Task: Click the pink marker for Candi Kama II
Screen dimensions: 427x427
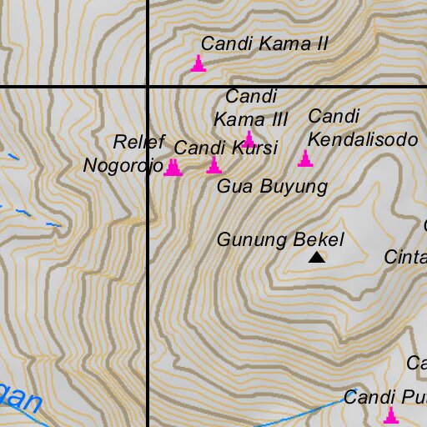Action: click(198, 64)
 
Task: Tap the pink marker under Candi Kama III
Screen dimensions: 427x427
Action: click(249, 139)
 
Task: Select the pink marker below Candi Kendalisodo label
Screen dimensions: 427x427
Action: click(305, 158)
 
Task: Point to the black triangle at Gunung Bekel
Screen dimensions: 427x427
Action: click(316, 258)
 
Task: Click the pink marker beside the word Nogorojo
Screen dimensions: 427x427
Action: click(173, 168)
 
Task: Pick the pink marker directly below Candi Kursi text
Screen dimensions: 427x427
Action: click(214, 166)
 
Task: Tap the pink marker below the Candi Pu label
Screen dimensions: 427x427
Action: click(389, 415)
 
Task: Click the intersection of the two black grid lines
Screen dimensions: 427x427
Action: click(148, 87)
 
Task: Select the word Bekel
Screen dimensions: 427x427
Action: click(319, 240)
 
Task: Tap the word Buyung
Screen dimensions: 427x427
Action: click(294, 187)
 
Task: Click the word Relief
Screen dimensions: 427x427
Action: click(139, 141)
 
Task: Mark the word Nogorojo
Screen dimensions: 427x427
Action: click(123, 165)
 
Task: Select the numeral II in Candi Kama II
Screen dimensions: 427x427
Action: click(318, 43)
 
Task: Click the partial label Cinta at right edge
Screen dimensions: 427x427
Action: click(406, 258)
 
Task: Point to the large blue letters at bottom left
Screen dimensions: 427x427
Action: click(18, 399)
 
